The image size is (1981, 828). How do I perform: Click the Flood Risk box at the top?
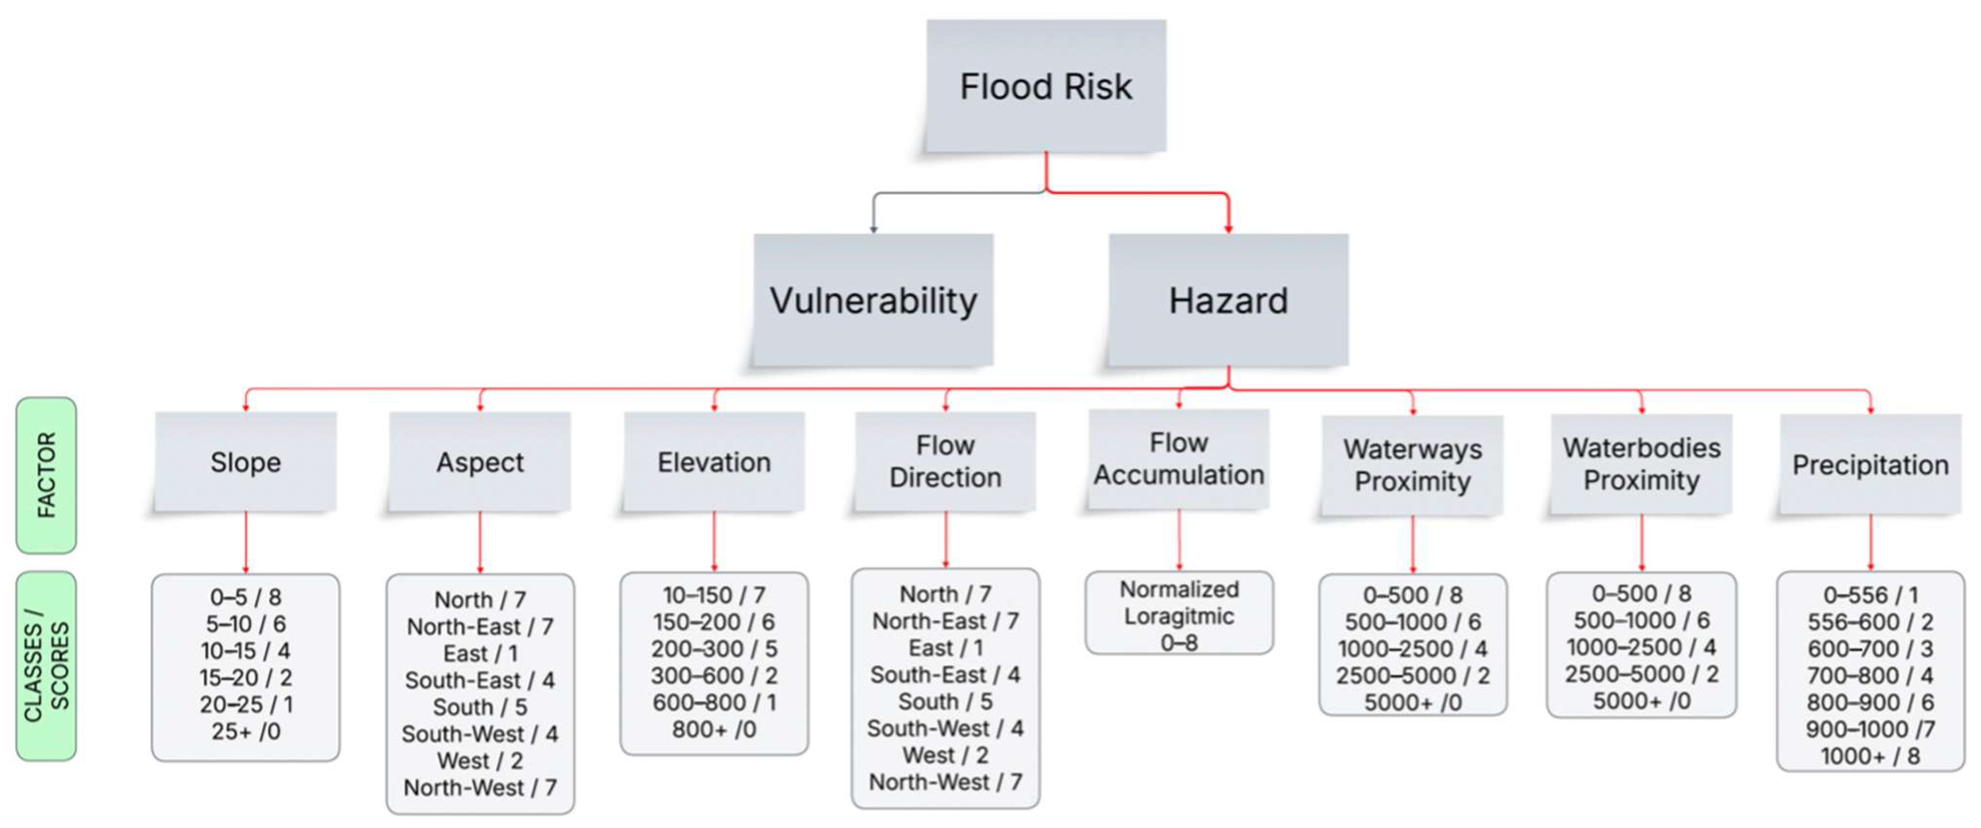1046,86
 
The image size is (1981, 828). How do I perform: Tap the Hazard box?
1228,300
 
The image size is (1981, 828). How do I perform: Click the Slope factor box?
246,462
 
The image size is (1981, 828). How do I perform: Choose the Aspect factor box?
480,462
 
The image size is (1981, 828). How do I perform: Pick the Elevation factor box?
714,462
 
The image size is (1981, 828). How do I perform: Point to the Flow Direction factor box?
945,461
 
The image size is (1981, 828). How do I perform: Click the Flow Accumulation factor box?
1179,459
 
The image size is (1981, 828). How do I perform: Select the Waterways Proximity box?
1412,465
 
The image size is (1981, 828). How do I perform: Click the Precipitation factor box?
1870,464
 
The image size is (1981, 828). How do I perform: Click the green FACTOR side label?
46,475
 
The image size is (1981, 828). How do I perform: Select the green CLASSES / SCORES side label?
46,666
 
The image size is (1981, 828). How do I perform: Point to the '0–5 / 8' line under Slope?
246,597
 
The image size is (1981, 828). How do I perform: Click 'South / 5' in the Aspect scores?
480,707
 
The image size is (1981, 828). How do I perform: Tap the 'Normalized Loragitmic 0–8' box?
1179,615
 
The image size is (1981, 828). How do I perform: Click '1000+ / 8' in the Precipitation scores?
1870,756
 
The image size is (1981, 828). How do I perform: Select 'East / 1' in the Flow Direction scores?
945,648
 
